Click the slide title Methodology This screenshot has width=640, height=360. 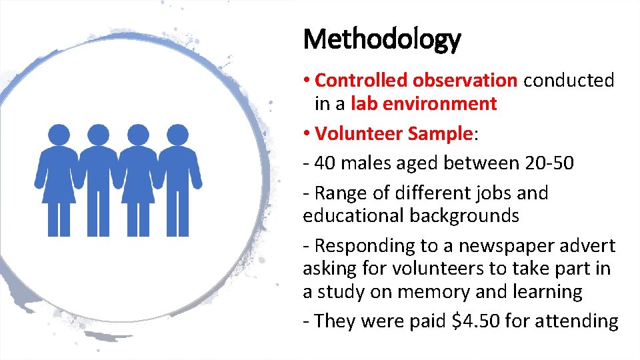coord(381,40)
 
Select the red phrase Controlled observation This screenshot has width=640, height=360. coord(415,81)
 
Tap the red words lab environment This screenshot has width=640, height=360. coord(423,104)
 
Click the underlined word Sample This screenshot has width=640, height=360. coord(440,133)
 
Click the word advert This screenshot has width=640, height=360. coord(585,246)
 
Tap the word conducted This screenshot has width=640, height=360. coord(569,81)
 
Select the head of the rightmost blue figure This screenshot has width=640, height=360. coord(177,135)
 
